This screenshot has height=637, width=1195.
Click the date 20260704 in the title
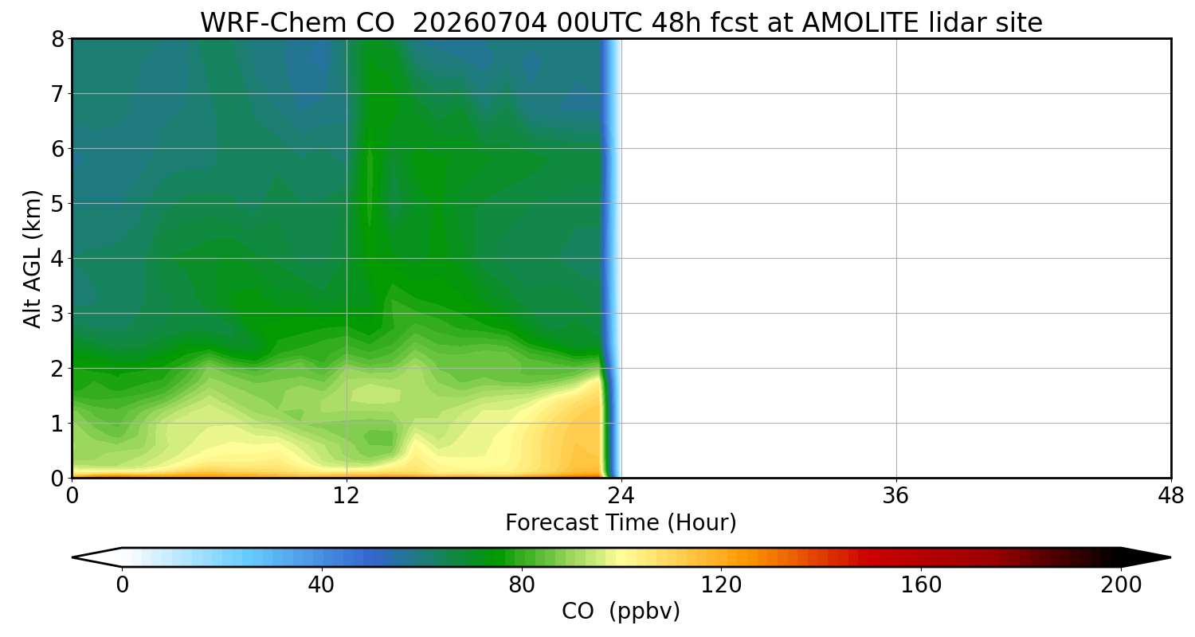[x=480, y=23]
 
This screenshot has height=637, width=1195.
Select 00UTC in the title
[x=599, y=23]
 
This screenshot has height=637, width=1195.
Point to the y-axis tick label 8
[x=57, y=39]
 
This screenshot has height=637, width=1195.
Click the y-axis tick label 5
[x=57, y=204]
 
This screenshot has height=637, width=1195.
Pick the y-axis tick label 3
[x=57, y=314]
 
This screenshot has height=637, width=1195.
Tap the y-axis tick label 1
[x=57, y=424]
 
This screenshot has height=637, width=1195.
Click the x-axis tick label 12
[x=347, y=496]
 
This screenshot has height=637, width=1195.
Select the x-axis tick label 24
[x=621, y=496]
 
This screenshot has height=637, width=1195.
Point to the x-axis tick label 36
[x=895, y=496]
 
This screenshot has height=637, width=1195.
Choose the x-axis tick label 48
[x=1170, y=496]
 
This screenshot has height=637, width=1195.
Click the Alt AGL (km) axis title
[x=32, y=259]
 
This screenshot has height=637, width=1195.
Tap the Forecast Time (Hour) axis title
[x=621, y=523]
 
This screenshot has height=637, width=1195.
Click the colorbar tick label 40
[x=321, y=585]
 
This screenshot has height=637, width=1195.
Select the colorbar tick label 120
[x=721, y=585]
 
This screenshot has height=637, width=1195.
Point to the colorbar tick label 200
[x=1121, y=585]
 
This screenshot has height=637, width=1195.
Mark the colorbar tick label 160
[x=921, y=585]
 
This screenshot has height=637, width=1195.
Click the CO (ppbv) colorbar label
[x=621, y=612]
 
